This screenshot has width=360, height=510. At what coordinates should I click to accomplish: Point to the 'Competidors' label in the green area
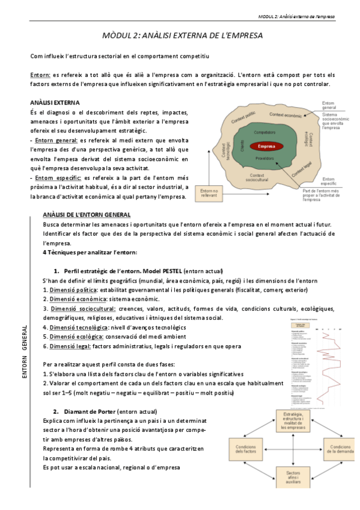click(264, 132)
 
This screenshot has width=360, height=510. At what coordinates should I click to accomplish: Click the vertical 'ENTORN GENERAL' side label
click(25, 353)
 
